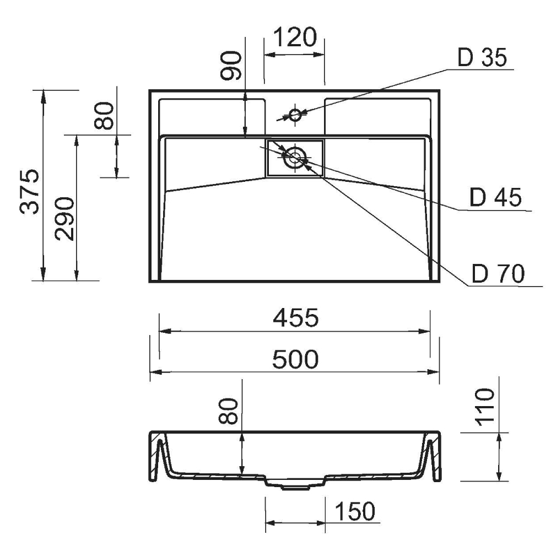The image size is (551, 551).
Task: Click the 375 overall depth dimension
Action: (x=29, y=192)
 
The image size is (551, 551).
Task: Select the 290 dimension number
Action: (x=64, y=219)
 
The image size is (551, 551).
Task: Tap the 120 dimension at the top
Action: (x=295, y=37)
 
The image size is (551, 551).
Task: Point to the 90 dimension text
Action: (x=231, y=66)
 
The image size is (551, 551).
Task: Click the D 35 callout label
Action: (x=482, y=57)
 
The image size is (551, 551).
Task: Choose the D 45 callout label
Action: (x=495, y=197)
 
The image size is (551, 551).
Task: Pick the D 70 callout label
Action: (x=498, y=273)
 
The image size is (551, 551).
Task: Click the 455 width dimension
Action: (x=295, y=317)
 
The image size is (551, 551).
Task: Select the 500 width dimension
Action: (x=295, y=359)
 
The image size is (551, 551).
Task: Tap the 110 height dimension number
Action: (x=484, y=407)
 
